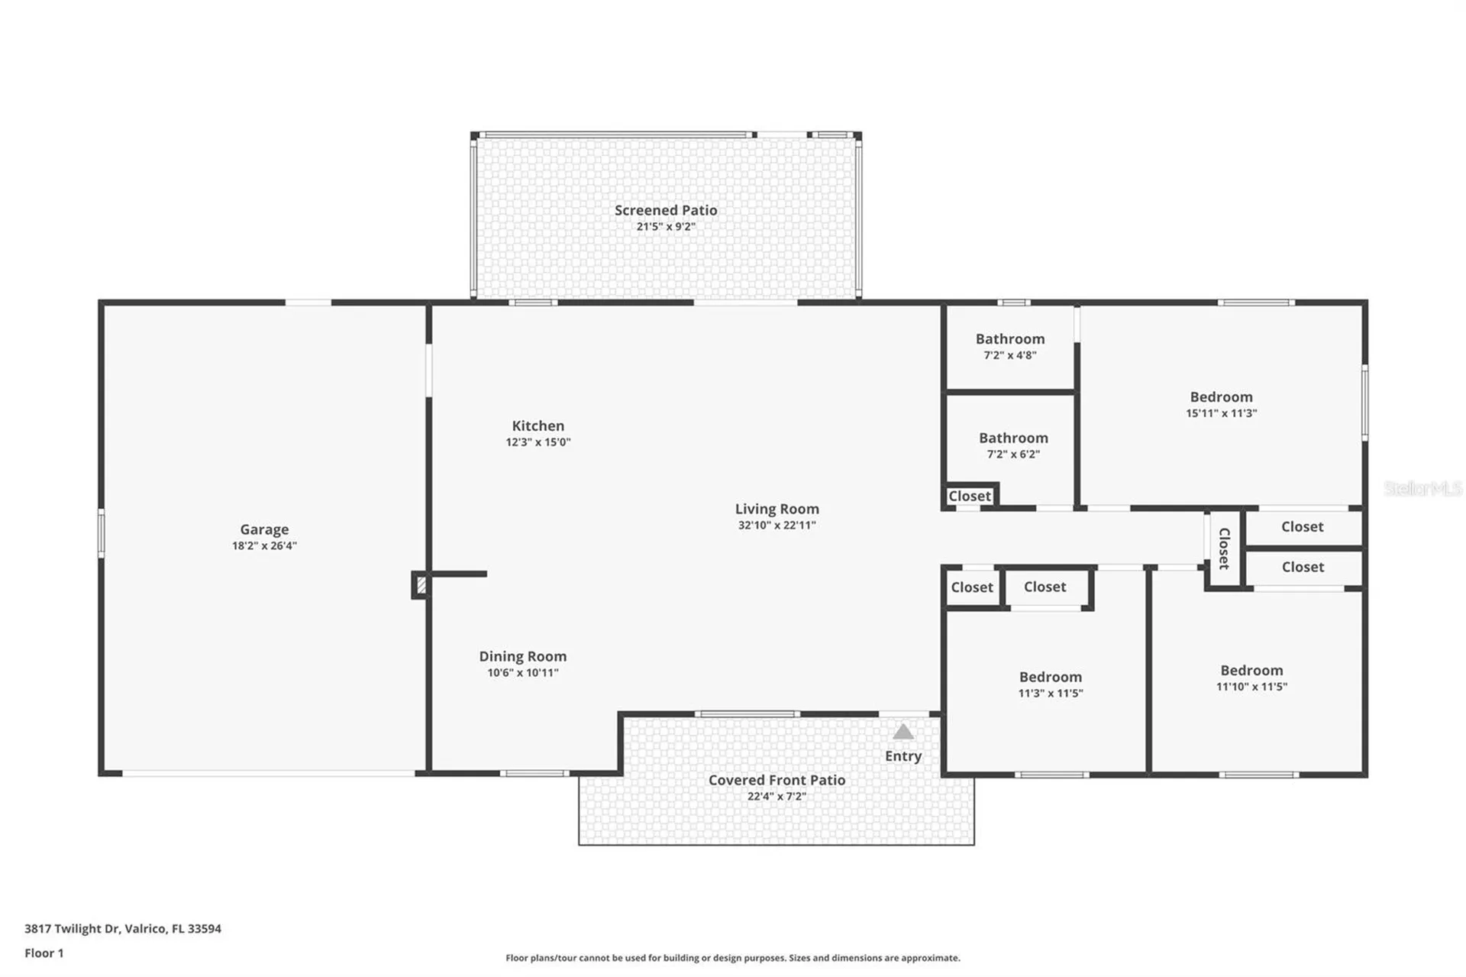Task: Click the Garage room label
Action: [x=264, y=529]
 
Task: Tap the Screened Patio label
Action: [x=666, y=210]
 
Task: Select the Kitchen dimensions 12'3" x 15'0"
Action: [x=538, y=442]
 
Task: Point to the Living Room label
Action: [x=777, y=510]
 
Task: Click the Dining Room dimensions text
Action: [x=523, y=673]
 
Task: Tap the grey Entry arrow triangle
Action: [x=903, y=732]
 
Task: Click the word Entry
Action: [x=903, y=756]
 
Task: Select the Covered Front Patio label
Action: [x=777, y=780]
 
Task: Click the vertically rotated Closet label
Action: [x=1224, y=548]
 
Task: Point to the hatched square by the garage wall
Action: [x=420, y=586]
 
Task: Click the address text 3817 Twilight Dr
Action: [x=72, y=929]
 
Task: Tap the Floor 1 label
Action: [x=44, y=953]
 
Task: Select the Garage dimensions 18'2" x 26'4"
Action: [x=264, y=546]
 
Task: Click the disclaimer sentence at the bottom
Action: [x=733, y=958]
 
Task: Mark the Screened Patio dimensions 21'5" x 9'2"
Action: [x=666, y=227]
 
